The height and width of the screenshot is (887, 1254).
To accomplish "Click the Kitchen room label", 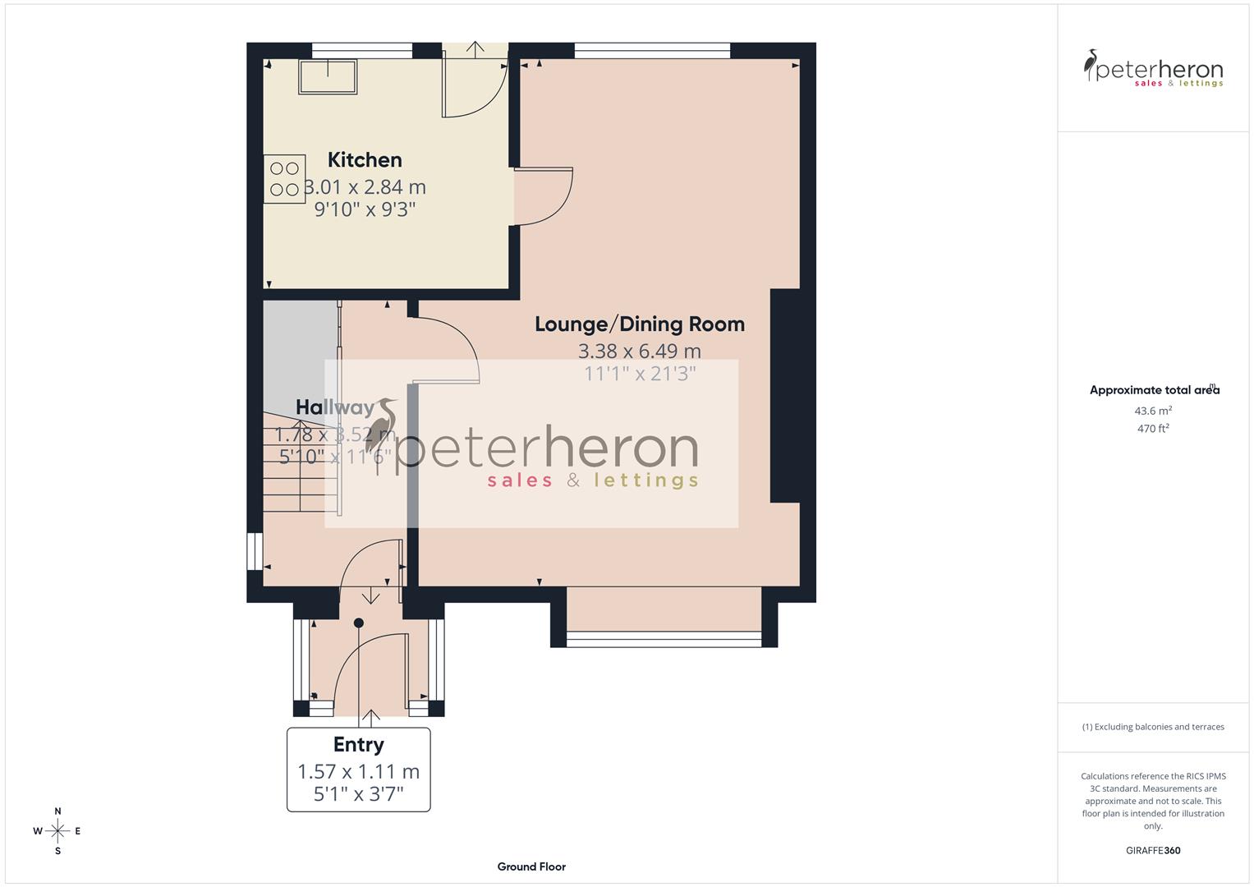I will [365, 159].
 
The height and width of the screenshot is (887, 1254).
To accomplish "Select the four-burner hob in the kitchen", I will [284, 179].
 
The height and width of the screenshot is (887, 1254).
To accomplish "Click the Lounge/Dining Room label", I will [639, 324].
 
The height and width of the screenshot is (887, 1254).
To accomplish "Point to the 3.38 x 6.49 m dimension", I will [639, 352].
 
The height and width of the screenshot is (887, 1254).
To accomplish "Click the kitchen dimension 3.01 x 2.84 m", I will [365, 187].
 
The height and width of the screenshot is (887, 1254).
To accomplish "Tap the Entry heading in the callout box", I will [358, 744].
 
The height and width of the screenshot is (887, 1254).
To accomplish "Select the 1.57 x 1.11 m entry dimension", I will [358, 771].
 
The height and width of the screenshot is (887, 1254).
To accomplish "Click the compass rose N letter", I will [57, 811].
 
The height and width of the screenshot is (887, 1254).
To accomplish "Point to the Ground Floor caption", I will [531, 866].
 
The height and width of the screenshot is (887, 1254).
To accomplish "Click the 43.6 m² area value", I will [1153, 411].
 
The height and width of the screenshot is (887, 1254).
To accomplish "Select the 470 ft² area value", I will [1153, 429].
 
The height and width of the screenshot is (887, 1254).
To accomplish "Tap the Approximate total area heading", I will [1154, 390].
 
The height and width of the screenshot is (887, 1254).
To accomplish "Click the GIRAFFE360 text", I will [1153, 850].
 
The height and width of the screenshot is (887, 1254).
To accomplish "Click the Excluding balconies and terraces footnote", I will [1153, 727].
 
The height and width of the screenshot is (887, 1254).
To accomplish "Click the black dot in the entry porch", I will [358, 623].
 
